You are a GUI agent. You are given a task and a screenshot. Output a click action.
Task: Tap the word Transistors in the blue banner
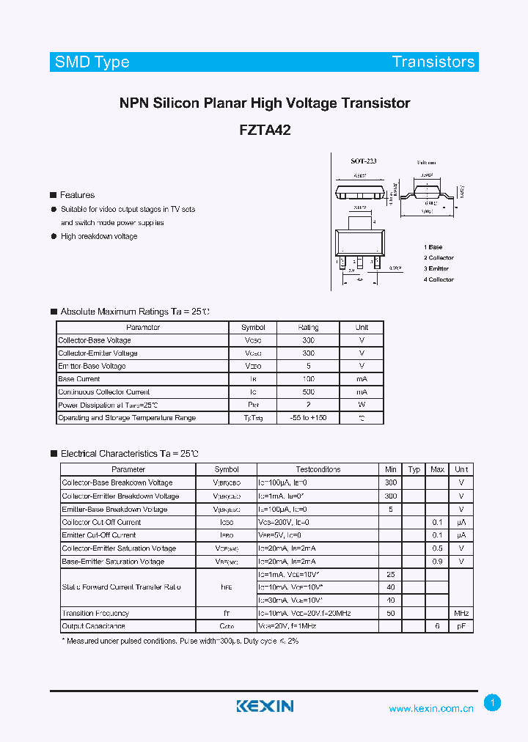433,62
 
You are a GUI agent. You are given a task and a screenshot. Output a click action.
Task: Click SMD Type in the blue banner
92,62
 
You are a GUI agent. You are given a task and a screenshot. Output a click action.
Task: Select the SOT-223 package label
363,161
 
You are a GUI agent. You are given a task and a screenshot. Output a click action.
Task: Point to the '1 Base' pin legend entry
433,247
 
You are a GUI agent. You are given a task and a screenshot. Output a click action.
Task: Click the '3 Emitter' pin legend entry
436,268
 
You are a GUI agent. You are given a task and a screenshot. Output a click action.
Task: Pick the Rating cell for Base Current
308,379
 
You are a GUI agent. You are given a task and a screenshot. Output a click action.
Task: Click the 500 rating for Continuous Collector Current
308,392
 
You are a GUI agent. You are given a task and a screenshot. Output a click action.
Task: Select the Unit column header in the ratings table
362,327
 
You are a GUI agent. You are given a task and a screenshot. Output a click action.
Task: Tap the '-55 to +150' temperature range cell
308,418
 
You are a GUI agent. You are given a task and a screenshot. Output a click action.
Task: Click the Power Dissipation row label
108,405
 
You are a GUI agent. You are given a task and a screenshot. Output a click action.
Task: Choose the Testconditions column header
318,469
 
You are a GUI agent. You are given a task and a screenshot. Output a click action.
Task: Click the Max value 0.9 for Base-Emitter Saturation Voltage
437,562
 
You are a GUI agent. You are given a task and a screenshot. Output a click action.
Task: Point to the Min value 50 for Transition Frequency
391,613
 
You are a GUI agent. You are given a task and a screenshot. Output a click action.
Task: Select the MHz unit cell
461,613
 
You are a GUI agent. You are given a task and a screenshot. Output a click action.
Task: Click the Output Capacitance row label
94,626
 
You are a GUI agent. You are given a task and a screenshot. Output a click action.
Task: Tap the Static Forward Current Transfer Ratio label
111,587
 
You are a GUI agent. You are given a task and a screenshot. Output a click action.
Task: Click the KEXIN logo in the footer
265,706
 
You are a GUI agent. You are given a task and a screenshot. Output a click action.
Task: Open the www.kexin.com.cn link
431,708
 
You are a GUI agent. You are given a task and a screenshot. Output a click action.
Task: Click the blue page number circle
494,703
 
